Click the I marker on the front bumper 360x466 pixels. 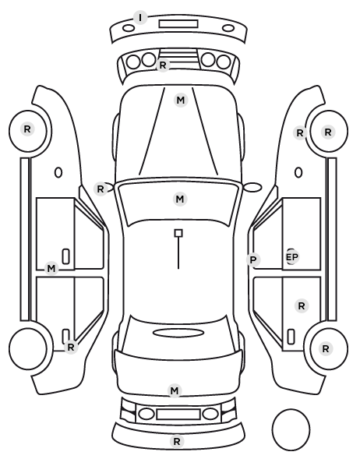(140, 18)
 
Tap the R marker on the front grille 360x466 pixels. (163, 65)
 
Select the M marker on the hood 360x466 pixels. (181, 101)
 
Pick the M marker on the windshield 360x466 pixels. (180, 199)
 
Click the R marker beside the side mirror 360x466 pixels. (101, 189)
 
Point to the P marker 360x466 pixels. (253, 260)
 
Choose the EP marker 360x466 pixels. (291, 257)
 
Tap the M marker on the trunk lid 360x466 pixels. (175, 390)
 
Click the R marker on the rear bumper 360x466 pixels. (177, 442)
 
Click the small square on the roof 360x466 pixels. (178, 233)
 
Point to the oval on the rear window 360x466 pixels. (178, 333)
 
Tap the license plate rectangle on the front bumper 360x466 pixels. (178, 24)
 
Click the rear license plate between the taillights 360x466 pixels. (178, 415)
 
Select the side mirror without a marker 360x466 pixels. (252, 187)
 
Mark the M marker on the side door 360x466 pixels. (51, 269)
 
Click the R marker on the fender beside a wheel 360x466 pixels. (300, 132)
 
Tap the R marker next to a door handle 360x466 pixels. (70, 347)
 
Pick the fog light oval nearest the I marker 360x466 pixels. (129, 28)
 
